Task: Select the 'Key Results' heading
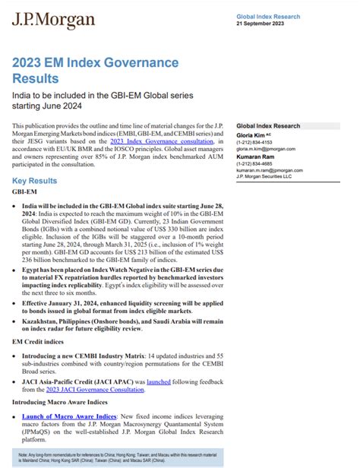click(34, 181)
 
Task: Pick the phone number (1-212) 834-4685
click(256, 163)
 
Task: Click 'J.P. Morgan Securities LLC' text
click(264, 176)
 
